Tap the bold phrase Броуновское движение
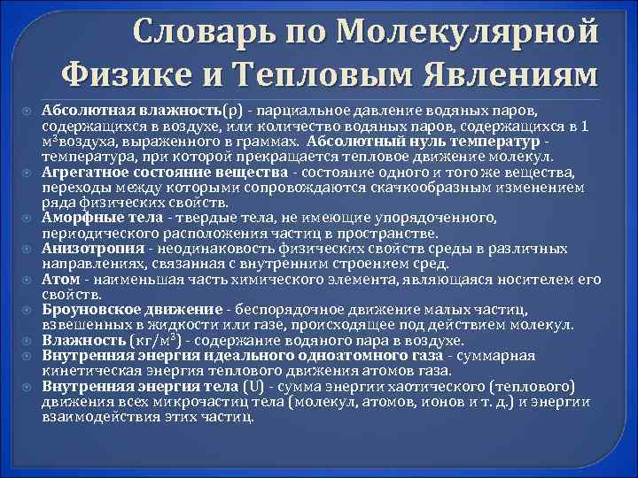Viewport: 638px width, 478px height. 132,310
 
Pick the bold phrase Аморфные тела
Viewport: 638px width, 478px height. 92,218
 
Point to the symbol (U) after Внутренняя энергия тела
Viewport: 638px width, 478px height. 253,387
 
